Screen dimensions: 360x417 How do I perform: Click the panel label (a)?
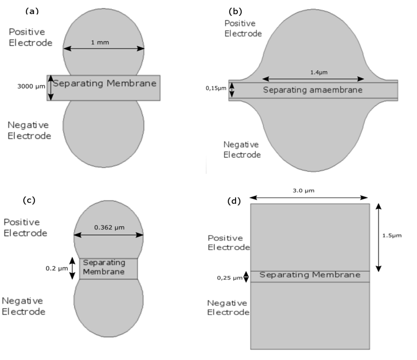32,11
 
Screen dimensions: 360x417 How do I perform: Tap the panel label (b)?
235,10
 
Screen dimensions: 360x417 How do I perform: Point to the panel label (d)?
235,201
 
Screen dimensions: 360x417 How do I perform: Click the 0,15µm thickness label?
216,88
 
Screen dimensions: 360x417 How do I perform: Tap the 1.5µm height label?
391,235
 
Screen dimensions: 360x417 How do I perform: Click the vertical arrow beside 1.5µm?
379,237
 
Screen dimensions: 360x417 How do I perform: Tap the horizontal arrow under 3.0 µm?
309,198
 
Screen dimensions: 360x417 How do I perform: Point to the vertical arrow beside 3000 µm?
50,87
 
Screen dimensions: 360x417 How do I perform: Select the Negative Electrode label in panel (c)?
24,306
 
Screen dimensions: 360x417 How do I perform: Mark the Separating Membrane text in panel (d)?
310,275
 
